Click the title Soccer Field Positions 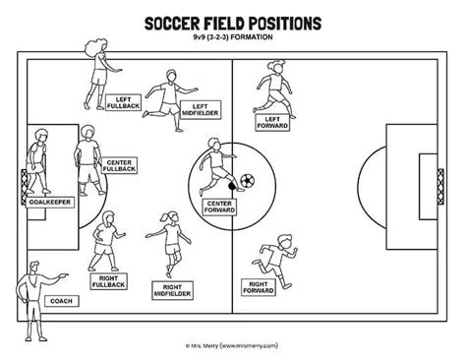[232, 22]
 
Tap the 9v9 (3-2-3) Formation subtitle [232, 39]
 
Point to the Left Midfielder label [201, 110]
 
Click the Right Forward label [258, 285]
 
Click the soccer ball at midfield [247, 180]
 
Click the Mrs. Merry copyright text [232, 344]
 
